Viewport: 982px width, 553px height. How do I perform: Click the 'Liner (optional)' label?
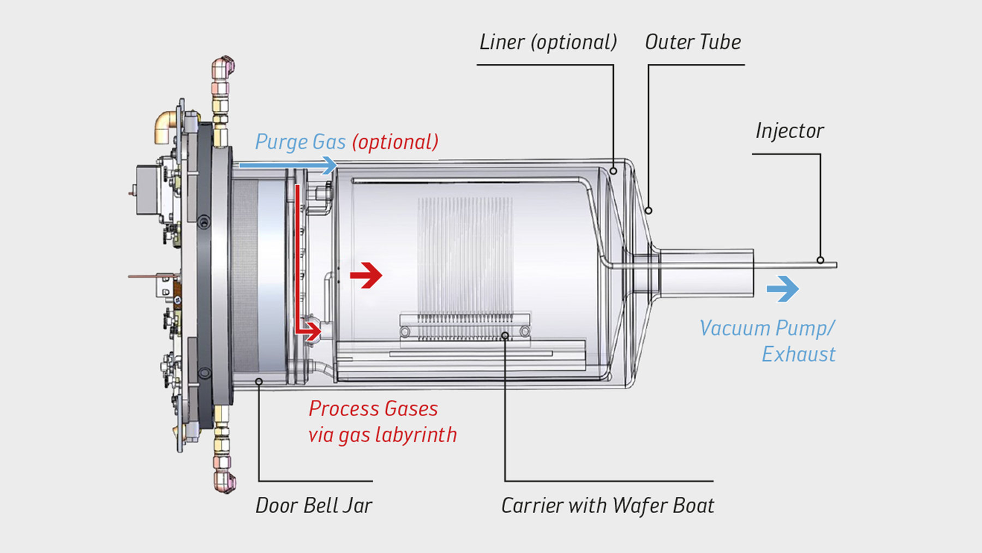548,42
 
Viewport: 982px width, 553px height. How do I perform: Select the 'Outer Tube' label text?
693,42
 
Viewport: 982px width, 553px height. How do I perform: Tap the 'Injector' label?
789,131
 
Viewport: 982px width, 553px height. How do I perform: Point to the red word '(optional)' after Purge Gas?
395,142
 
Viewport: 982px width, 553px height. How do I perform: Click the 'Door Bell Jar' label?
314,506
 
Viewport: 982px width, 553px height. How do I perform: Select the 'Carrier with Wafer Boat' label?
607,506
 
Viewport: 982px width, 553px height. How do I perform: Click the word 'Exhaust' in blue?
798,355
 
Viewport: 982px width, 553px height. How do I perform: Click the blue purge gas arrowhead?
329,165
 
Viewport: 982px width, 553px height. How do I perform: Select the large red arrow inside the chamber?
367,275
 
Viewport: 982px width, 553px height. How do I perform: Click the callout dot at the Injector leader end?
820,260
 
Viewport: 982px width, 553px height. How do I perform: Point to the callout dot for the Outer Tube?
649,210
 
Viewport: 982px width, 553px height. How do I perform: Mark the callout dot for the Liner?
613,171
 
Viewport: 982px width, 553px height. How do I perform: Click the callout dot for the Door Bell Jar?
259,381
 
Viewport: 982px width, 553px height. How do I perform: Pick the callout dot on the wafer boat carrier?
505,336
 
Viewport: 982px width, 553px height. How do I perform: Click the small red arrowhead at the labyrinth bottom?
313,331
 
